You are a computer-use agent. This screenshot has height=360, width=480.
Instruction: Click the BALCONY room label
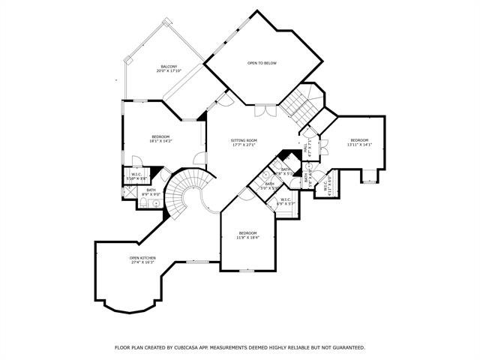(x=167, y=67)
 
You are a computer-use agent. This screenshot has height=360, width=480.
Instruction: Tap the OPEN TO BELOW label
(x=262, y=63)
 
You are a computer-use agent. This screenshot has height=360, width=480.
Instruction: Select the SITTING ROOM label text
(x=244, y=140)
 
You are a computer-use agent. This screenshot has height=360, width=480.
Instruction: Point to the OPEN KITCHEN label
(x=142, y=258)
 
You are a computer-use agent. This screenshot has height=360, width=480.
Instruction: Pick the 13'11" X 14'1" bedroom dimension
(x=359, y=145)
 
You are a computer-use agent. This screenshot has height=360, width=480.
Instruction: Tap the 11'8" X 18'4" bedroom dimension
(x=247, y=238)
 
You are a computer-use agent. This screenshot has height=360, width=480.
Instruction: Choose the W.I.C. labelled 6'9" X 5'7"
(x=285, y=202)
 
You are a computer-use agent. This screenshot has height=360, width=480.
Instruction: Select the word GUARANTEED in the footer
(x=346, y=347)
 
